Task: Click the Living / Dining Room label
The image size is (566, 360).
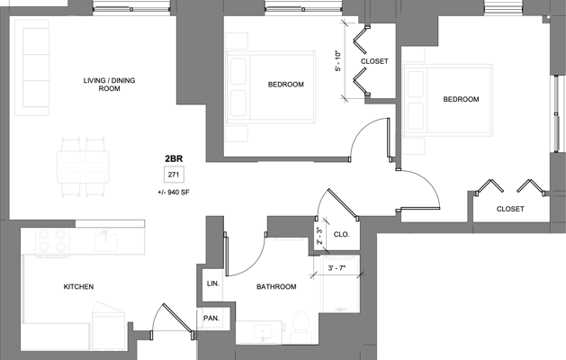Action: pyautogui.click(x=96, y=85)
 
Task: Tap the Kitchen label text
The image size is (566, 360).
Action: pyautogui.click(x=78, y=287)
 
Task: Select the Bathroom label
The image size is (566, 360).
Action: pyautogui.click(x=276, y=287)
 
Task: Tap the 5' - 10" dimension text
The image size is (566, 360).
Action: pyautogui.click(x=337, y=60)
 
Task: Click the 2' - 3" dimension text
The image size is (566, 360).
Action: pyautogui.click(x=319, y=236)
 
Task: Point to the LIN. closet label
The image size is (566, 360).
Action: pyautogui.click(x=212, y=283)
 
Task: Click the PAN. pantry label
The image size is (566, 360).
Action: pyautogui.click(x=212, y=318)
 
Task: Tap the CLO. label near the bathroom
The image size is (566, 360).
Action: pyautogui.click(x=341, y=234)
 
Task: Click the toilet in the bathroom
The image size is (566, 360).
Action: pyautogui.click(x=303, y=321)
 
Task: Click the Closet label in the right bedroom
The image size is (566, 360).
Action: pyautogui.click(x=509, y=209)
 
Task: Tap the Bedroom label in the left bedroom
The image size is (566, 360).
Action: pyautogui.click(x=285, y=85)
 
